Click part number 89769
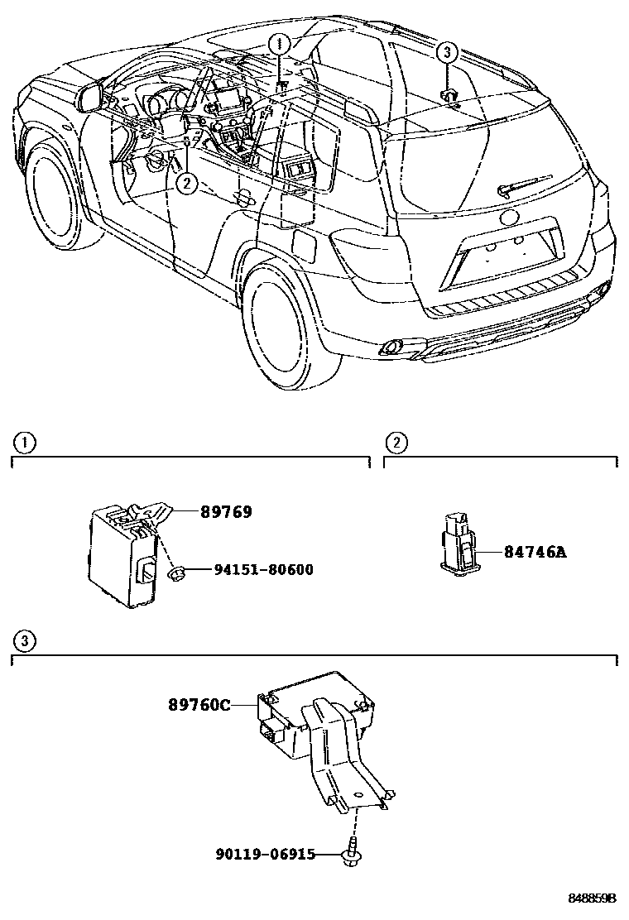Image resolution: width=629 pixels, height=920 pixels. click(226, 512)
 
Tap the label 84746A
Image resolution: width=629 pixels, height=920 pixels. click(535, 552)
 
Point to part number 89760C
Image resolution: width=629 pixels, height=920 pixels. click(199, 705)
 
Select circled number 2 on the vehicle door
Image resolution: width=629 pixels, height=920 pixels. click(187, 183)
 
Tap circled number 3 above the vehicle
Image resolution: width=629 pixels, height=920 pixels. click(447, 53)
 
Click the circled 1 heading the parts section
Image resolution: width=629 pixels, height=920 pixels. click(26, 443)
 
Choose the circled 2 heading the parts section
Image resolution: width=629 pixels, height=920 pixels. click(397, 443)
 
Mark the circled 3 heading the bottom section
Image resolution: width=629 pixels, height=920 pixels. click(26, 641)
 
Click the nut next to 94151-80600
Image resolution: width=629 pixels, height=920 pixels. click(175, 572)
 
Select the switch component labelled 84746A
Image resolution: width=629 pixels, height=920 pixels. click(457, 544)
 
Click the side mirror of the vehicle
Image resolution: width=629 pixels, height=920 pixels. click(90, 97)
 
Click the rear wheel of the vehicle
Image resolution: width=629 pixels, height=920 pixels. click(286, 326)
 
